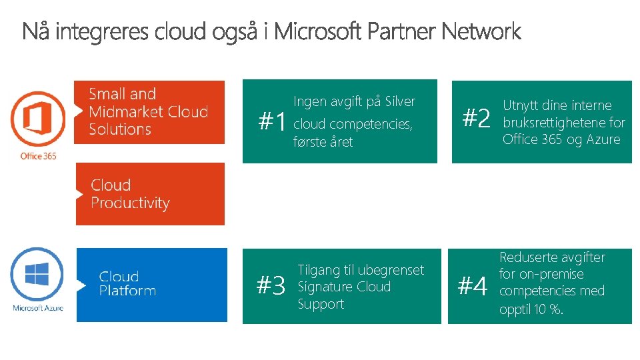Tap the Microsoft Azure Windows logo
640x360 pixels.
tap(37, 275)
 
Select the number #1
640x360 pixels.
tap(273, 121)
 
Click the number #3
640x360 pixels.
tap(271, 286)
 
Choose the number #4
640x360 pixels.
tap(473, 287)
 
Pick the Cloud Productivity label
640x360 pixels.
tap(130, 194)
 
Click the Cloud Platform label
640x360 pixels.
tap(127, 283)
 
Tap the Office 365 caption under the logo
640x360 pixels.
tap(38, 156)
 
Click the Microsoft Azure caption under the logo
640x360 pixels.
tap(38, 308)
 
